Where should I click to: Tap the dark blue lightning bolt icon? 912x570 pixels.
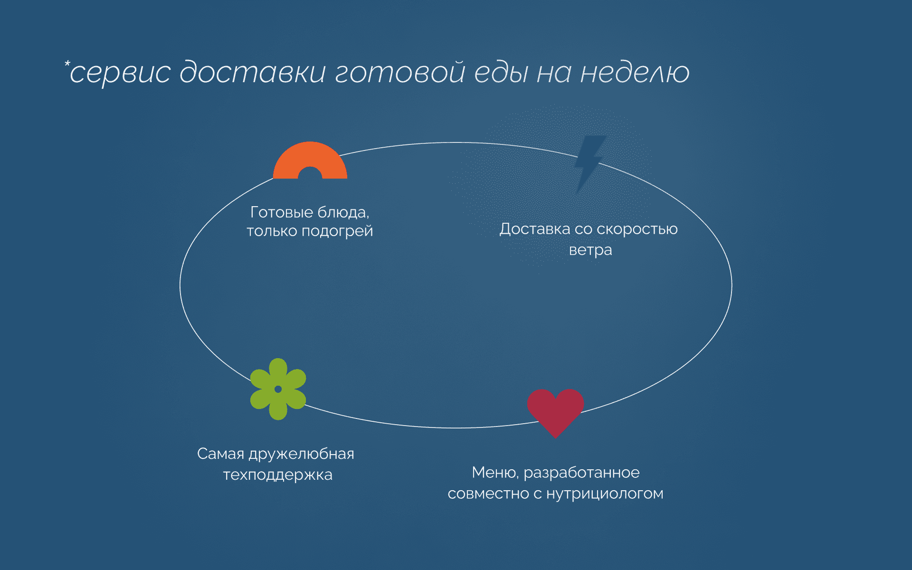pyautogui.click(x=589, y=161)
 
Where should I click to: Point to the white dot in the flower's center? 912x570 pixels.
pyautogui.click(x=278, y=389)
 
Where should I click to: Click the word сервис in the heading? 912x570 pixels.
pyautogui.click(x=120, y=73)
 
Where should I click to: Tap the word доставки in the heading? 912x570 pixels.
pyautogui.click(x=253, y=73)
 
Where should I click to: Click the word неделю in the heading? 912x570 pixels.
pyautogui.click(x=635, y=73)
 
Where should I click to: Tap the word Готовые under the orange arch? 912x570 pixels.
pyautogui.click(x=281, y=212)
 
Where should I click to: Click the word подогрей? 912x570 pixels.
pyautogui.click(x=337, y=231)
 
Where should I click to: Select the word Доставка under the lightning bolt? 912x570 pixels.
pyautogui.click(x=534, y=229)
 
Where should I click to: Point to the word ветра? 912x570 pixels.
pyautogui.click(x=590, y=250)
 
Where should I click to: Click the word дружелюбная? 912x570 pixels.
pyautogui.click(x=301, y=454)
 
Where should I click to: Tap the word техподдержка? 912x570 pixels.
pyautogui.click(x=278, y=475)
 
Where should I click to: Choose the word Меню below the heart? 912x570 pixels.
pyautogui.click(x=495, y=473)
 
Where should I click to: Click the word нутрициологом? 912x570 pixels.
pyautogui.click(x=605, y=494)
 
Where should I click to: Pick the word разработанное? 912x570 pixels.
pyautogui.click(x=581, y=473)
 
